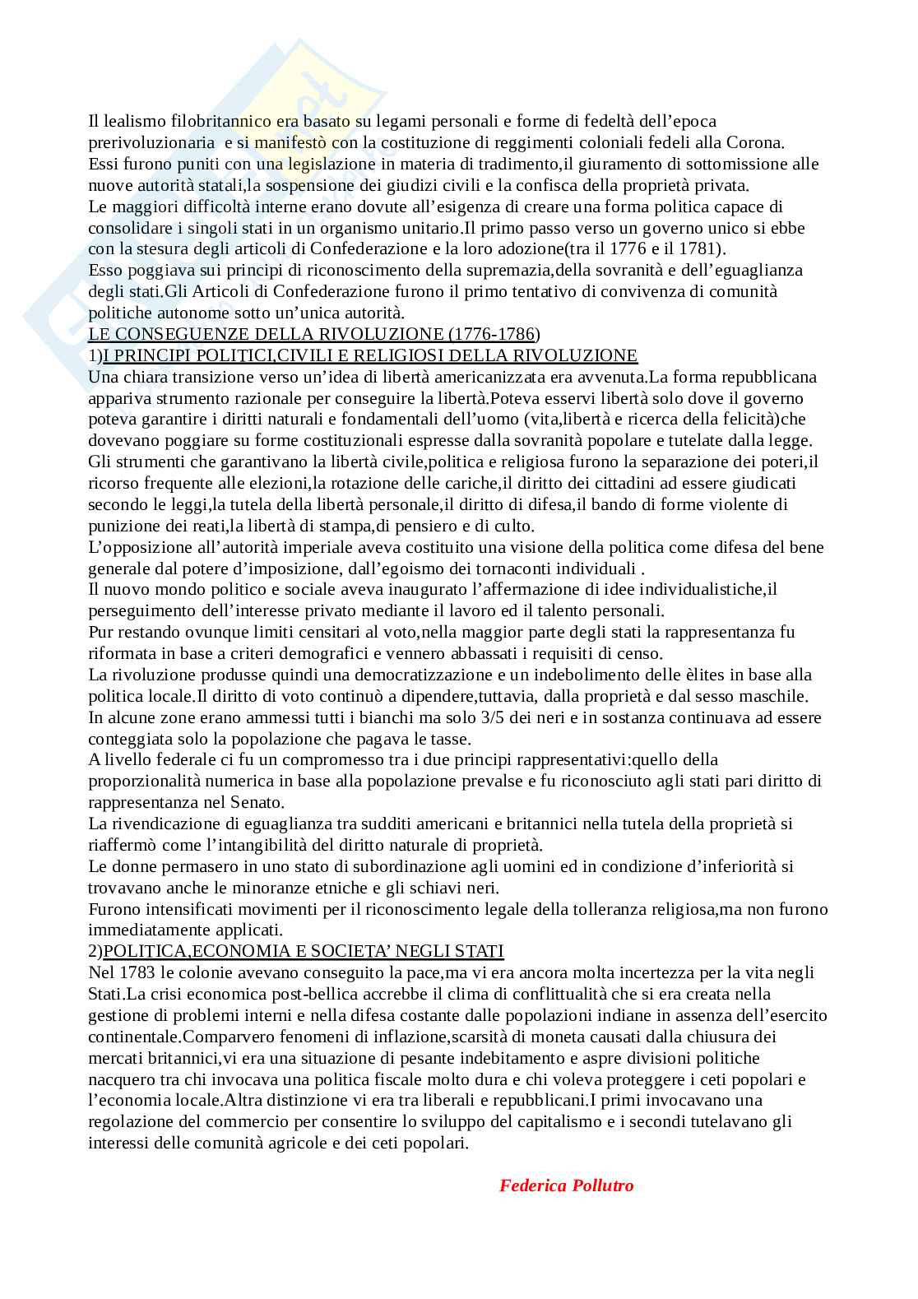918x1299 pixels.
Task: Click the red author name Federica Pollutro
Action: (566, 1185)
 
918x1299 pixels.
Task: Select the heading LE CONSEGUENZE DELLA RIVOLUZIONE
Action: (313, 334)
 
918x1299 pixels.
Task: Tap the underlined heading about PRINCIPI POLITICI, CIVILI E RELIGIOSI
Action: (370, 355)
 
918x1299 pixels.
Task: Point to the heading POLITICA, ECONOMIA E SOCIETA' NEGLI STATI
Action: (304, 951)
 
